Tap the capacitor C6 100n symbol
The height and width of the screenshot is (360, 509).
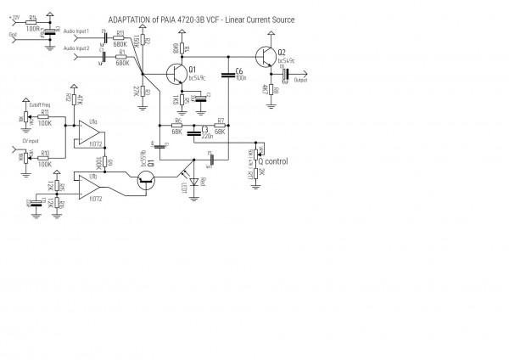tap(227, 75)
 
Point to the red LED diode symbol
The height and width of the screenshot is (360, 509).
tap(195, 181)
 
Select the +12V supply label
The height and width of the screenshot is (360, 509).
tap(14, 15)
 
